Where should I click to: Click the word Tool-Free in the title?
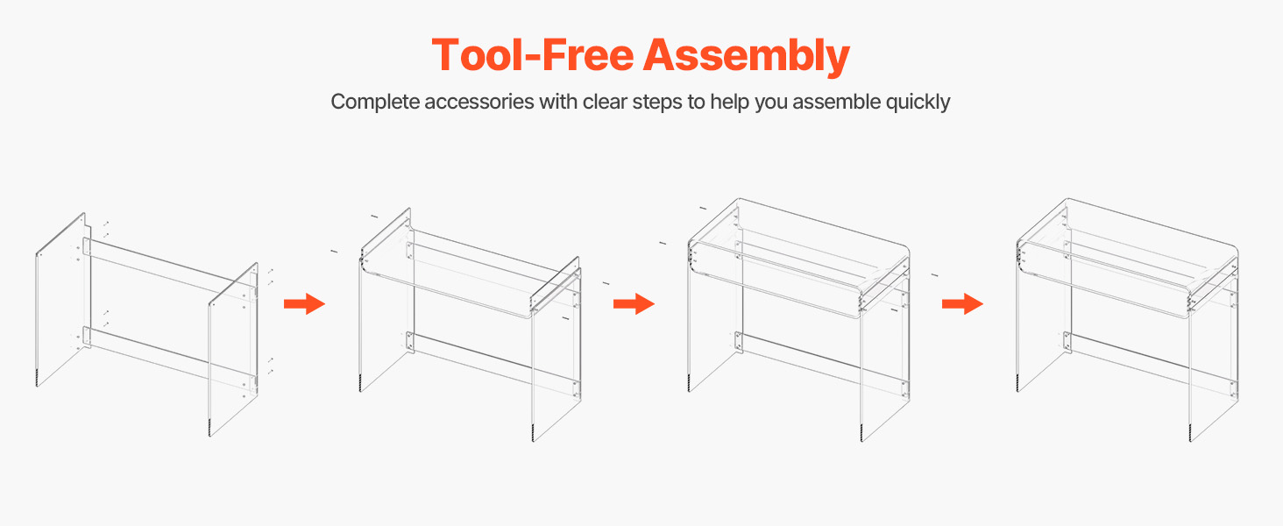(x=532, y=55)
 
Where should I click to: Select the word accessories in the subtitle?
(x=479, y=102)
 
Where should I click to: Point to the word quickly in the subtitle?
(x=918, y=102)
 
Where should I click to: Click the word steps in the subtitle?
(x=657, y=103)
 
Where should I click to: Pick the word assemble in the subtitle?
(x=837, y=102)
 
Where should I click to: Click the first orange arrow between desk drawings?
(x=305, y=303)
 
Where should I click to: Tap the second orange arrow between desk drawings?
(x=634, y=303)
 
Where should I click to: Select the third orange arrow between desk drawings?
(x=963, y=303)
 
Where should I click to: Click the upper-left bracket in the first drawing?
(x=87, y=247)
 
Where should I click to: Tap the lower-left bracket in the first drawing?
(x=87, y=337)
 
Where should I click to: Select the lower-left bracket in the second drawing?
(x=410, y=342)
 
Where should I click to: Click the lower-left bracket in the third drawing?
(x=739, y=342)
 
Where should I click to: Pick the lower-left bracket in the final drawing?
(x=1067, y=342)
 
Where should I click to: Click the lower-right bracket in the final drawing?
(x=1234, y=390)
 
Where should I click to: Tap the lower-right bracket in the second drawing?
(x=576, y=390)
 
